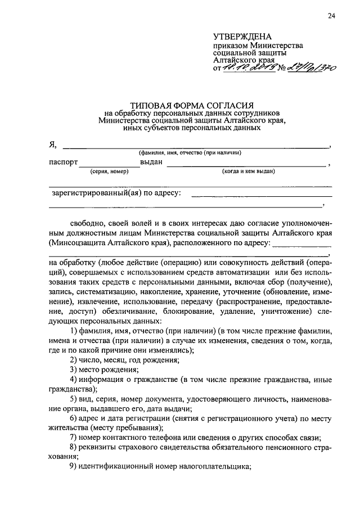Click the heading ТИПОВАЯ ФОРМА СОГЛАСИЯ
coord(192,105)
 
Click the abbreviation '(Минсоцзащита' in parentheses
coord(76,244)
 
